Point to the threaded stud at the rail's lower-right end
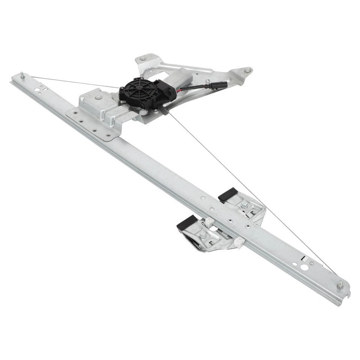point(340,285)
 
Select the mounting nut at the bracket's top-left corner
point(142,59)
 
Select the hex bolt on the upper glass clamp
point(244,205)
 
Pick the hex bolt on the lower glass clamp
point(202,235)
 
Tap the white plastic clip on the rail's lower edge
point(239,242)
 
